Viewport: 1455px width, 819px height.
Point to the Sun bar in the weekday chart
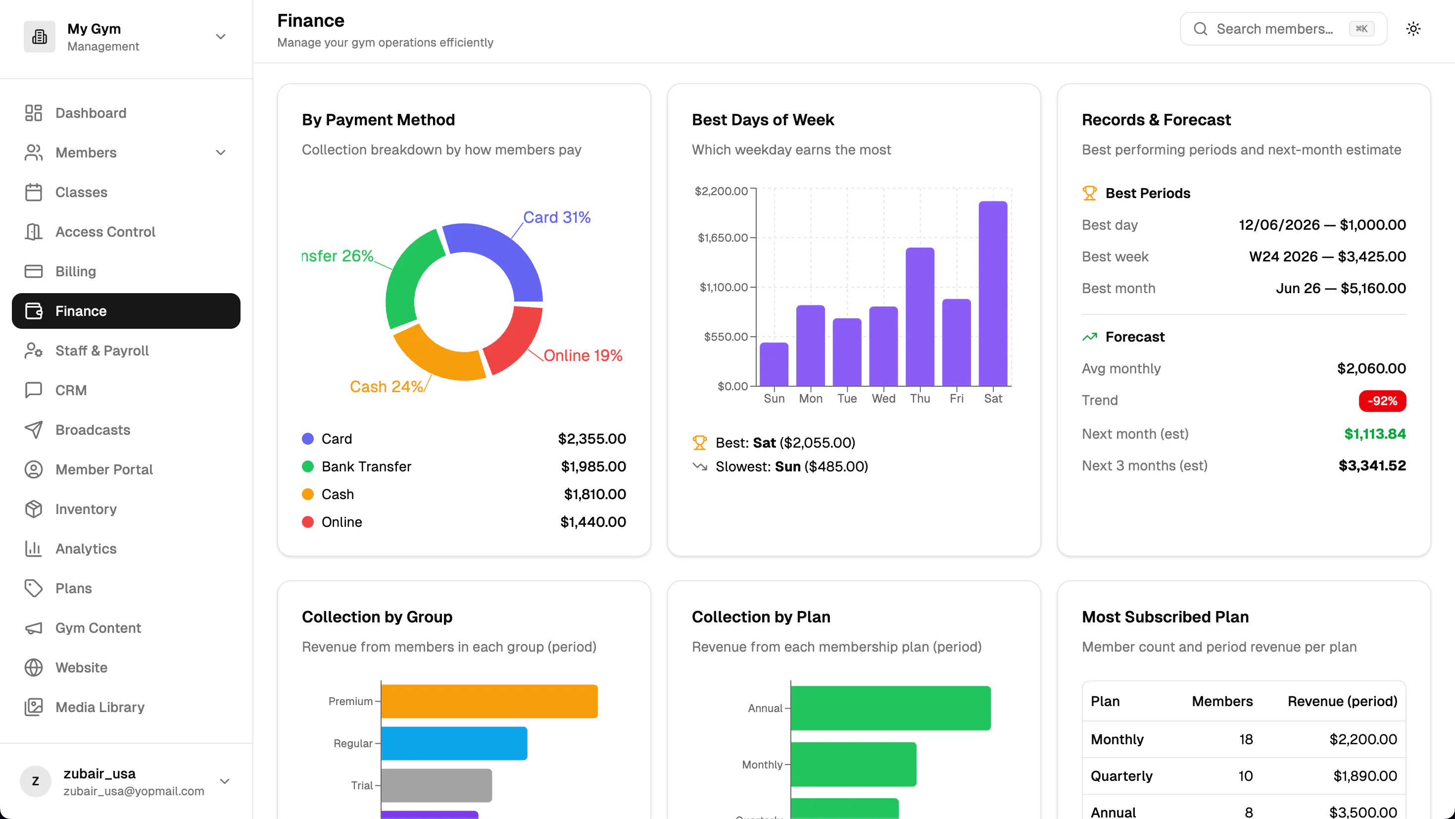[774, 364]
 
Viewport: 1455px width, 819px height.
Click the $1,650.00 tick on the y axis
[723, 237]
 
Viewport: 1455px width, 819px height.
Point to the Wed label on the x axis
[883, 399]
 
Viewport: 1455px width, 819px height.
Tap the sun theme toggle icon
[1413, 29]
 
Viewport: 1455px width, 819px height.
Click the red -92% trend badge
[1382, 401]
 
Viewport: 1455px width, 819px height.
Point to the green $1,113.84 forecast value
[1375, 434]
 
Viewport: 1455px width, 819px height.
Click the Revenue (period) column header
[1342, 702]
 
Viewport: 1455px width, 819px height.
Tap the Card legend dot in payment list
[308, 439]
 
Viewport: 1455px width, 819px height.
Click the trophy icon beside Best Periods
[1089, 193]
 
